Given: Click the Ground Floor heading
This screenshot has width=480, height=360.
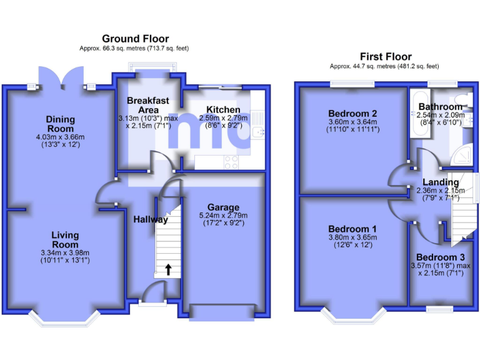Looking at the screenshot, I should (135, 39).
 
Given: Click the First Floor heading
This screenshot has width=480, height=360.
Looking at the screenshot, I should (384, 56).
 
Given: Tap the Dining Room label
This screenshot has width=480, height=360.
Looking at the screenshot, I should (60, 124).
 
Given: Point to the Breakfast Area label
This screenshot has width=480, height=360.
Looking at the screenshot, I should (148, 105).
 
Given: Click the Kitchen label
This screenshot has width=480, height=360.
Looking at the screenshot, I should (223, 110).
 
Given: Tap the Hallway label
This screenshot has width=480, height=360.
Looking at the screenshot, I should (150, 219).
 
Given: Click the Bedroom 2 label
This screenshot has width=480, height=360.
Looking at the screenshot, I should (352, 113).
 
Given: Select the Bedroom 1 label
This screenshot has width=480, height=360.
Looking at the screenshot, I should (352, 229).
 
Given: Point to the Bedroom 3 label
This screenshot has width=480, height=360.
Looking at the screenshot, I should (440, 257).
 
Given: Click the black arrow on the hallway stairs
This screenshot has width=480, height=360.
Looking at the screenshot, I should (167, 270).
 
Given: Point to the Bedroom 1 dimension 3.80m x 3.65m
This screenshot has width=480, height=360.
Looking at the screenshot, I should (352, 237).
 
